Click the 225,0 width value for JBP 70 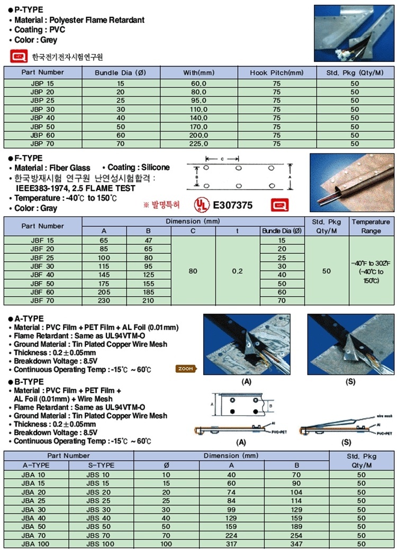pyautogui.click(x=198, y=143)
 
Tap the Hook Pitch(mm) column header pyautogui.click(x=276, y=72)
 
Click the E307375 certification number pyautogui.click(x=232, y=204)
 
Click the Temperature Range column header pyautogui.click(x=370, y=226)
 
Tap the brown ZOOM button pyautogui.click(x=185, y=369)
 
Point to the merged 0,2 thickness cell pyautogui.click(x=237, y=271)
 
